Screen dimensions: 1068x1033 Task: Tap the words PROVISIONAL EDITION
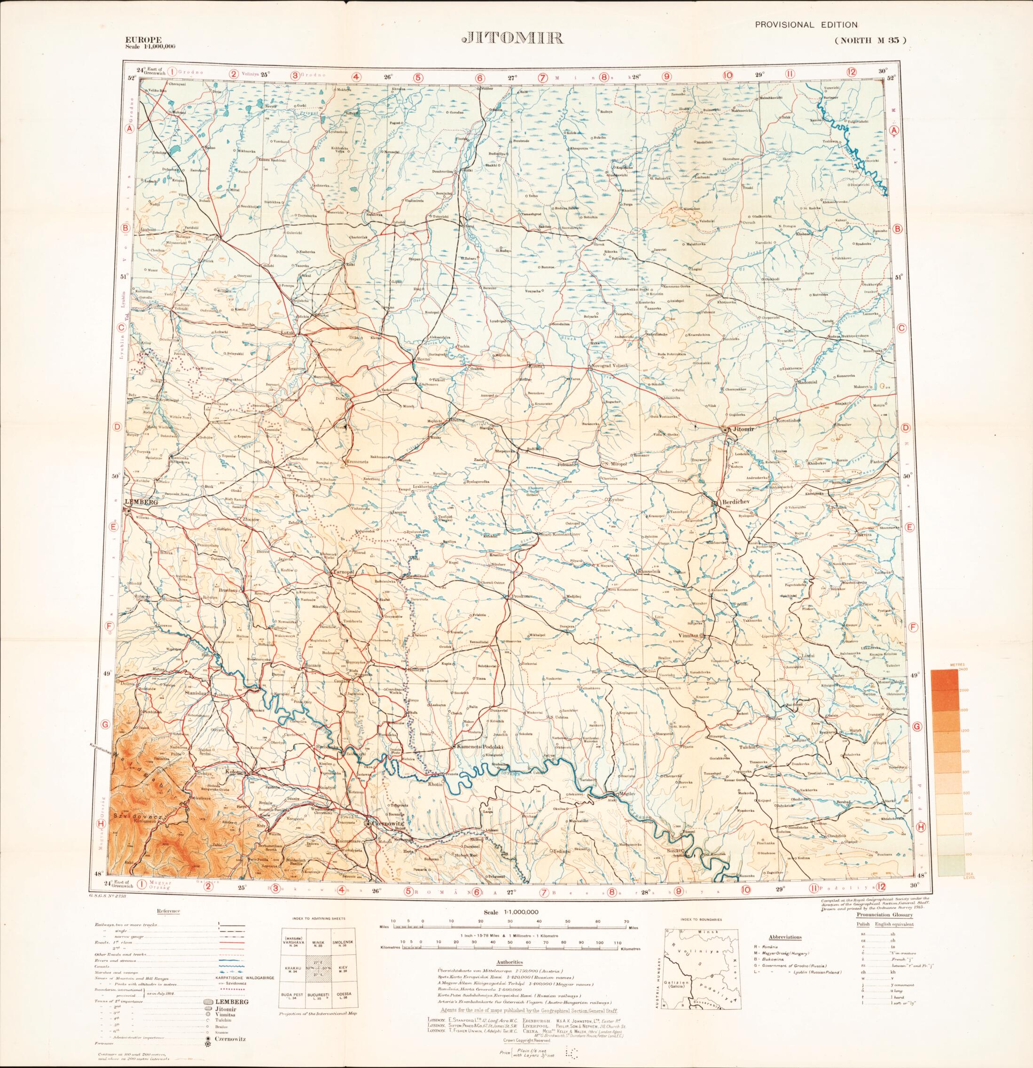(x=806, y=24)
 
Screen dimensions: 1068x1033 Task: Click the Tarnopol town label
(x=344, y=573)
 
